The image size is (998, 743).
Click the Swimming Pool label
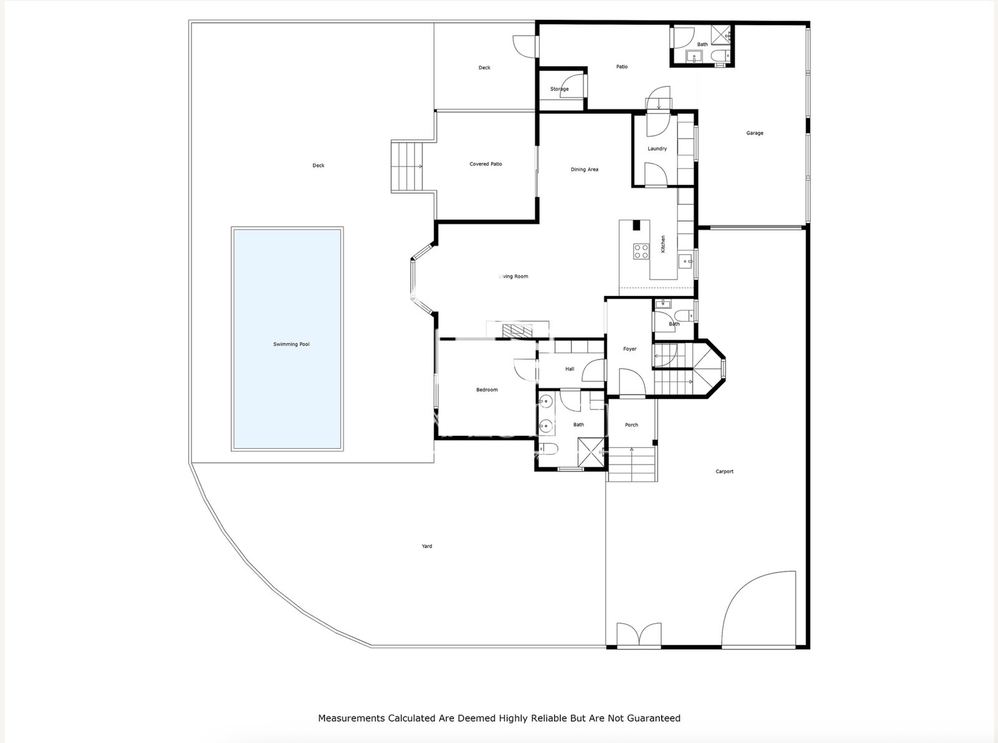[x=291, y=344]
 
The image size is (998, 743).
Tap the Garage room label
[x=755, y=133]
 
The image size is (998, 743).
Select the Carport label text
[x=724, y=471]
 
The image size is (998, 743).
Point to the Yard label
[x=427, y=546]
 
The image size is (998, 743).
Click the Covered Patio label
[x=485, y=164]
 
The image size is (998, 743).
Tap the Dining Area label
[x=584, y=169]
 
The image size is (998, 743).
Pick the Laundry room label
[x=657, y=149]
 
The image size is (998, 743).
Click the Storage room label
[x=560, y=89]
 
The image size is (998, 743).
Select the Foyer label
[x=629, y=349]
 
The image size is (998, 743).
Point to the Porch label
[x=631, y=425]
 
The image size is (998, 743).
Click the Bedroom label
[x=487, y=390]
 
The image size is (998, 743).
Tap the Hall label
[x=569, y=369]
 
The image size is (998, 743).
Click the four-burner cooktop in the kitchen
[x=641, y=252]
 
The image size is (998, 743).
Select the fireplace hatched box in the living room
[x=518, y=331]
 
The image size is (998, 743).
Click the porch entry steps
[x=632, y=464]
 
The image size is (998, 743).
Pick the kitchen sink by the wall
[x=685, y=262]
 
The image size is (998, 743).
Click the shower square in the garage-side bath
[x=720, y=35]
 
